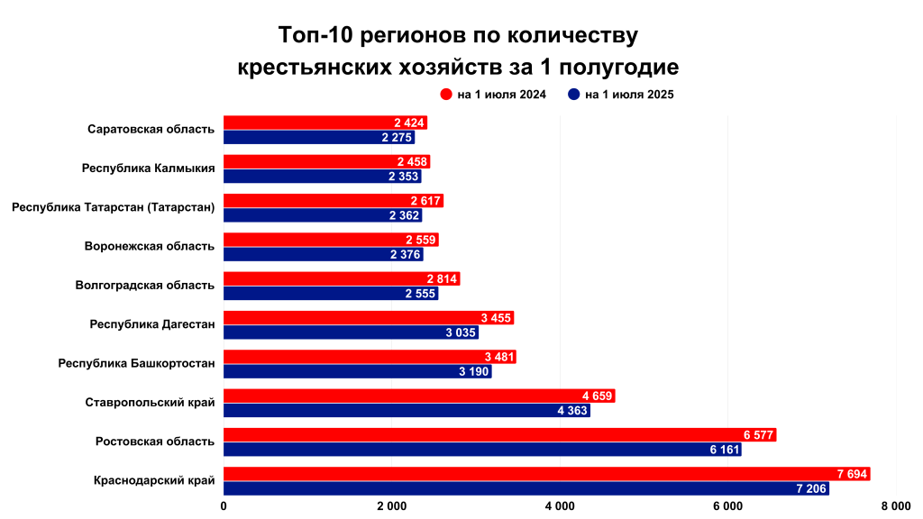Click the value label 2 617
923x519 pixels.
coord(425,201)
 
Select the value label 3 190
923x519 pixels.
coord(473,372)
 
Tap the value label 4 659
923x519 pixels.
coord(598,396)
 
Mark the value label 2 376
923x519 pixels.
coord(406,255)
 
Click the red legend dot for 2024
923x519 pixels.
coord(445,94)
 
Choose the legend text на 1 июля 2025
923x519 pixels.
coord(629,94)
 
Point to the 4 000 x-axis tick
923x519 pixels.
coord(560,506)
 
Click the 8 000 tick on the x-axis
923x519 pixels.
coord(896,506)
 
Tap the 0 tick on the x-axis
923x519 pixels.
coord(224,506)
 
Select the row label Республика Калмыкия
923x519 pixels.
coord(148,168)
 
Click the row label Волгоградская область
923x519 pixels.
coord(145,285)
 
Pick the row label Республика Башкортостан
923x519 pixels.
coord(136,363)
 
